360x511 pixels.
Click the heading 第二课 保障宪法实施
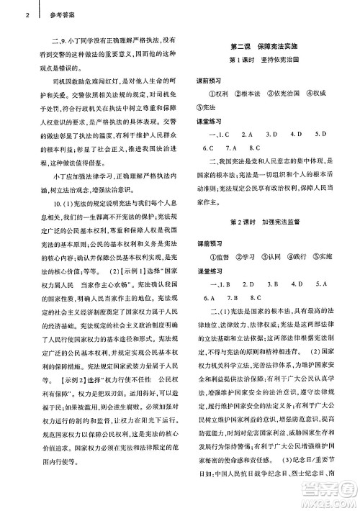tap(269, 45)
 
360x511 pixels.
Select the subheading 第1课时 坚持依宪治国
tap(269, 60)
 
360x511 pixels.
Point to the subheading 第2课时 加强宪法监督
tap(269, 219)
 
